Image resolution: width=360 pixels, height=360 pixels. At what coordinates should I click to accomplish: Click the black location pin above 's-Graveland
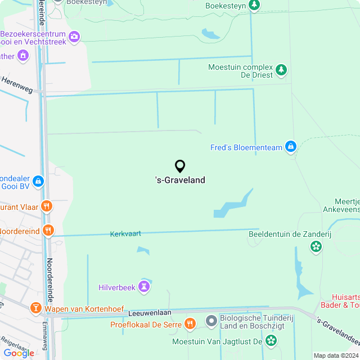(x=180, y=166)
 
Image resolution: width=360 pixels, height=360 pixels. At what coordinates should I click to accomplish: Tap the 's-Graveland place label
(x=180, y=181)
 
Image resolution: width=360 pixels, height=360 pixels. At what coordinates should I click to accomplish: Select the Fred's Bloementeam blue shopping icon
(x=290, y=147)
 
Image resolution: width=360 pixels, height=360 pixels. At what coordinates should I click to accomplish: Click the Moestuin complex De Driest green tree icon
(x=281, y=70)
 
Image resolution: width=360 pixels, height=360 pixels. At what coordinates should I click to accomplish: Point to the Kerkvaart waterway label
(x=125, y=233)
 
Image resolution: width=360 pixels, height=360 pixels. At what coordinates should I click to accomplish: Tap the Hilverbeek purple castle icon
(x=146, y=287)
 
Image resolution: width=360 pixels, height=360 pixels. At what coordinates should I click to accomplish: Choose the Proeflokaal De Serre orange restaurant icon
(x=190, y=323)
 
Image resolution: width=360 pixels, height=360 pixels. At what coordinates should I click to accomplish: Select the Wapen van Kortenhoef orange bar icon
(x=36, y=308)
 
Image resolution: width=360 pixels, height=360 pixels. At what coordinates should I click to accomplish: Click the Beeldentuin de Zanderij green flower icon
(x=316, y=246)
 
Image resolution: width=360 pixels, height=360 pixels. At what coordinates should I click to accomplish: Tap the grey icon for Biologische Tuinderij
(x=211, y=321)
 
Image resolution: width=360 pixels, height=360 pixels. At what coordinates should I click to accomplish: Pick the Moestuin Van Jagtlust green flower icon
(x=271, y=341)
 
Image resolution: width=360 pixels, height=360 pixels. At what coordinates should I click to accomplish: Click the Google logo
(x=18, y=353)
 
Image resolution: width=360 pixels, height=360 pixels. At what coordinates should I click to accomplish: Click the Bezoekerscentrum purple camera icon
(x=74, y=37)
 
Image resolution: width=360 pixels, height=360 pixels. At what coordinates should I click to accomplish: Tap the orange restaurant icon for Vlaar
(x=47, y=207)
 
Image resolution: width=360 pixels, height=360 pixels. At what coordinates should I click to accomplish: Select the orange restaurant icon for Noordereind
(x=49, y=231)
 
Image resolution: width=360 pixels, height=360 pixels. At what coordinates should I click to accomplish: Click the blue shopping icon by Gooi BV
(x=38, y=181)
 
